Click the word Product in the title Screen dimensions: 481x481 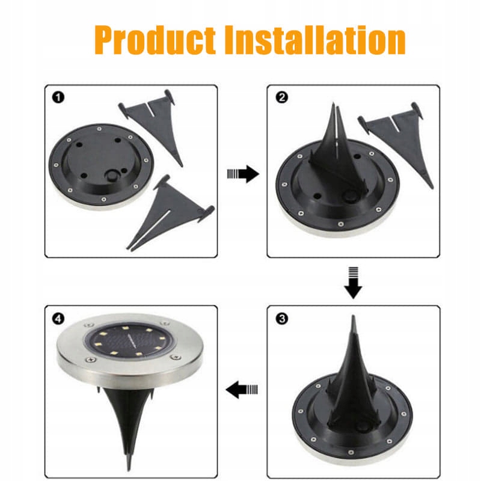point(155,41)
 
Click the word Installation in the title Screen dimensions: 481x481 point(315,40)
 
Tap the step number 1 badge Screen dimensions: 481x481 point(58,97)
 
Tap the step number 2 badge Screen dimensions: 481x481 point(281,97)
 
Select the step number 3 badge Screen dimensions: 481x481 point(281,319)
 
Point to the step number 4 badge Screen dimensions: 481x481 point(58,319)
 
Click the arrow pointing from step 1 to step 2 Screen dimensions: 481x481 point(243,174)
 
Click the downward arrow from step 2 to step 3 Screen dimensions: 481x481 point(353,283)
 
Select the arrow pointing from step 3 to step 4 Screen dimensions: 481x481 point(242,390)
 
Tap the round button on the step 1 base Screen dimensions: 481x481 point(111,176)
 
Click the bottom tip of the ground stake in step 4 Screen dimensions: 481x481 point(129,470)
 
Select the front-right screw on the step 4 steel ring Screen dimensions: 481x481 point(176,357)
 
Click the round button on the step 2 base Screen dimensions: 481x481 point(349,195)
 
